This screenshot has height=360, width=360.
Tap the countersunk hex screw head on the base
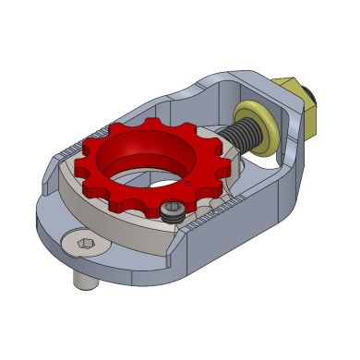[x=82, y=246]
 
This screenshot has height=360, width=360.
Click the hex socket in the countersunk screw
[x=82, y=246]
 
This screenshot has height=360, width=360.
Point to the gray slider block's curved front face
[x=111, y=218]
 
